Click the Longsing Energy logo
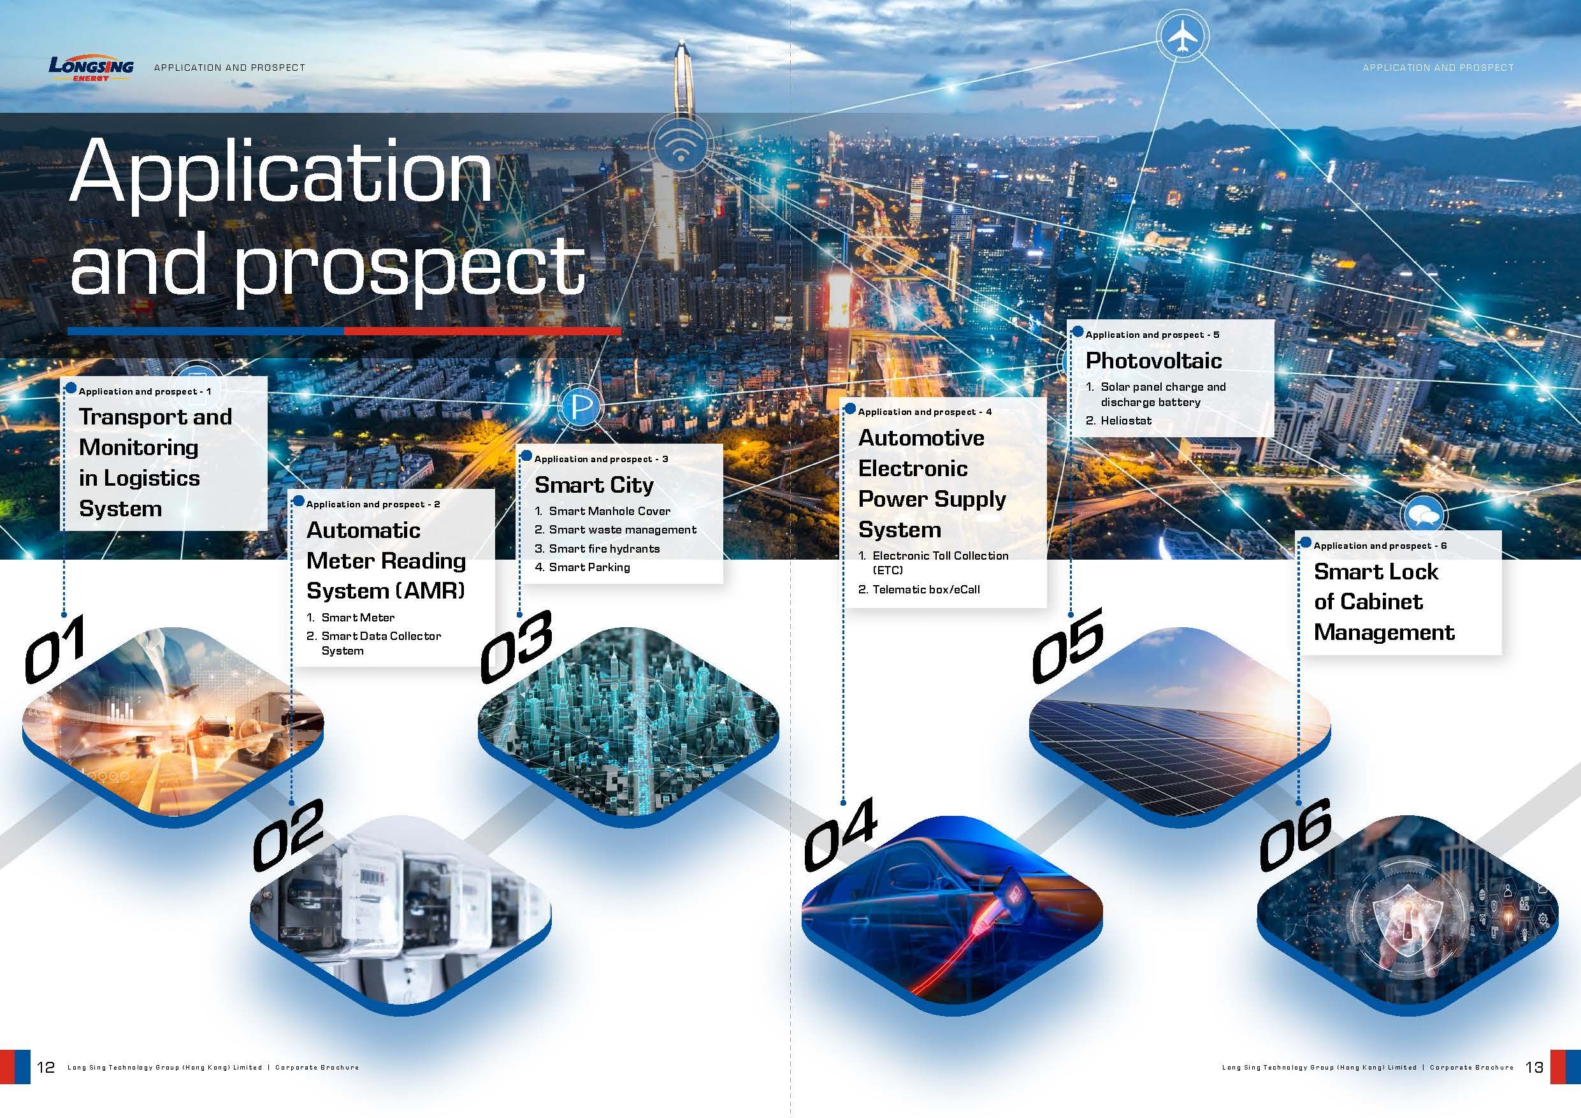point(91,68)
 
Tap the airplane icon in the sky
point(1182,36)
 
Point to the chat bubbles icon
point(1424,514)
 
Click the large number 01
point(55,649)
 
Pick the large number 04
point(840,834)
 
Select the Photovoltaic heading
point(1153,360)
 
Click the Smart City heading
point(593,485)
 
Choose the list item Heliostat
point(1126,420)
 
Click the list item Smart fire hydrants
point(604,548)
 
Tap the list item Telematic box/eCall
point(926,589)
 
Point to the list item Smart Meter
point(358,617)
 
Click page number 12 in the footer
point(45,1067)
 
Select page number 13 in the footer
point(1534,1067)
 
